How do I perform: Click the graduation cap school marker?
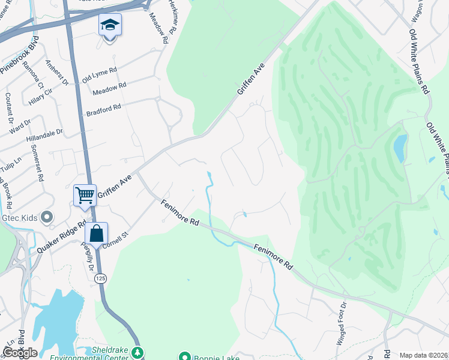110,25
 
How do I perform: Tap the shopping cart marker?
85,194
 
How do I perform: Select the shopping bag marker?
96,233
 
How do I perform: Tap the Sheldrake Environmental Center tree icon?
139,352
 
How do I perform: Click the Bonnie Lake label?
210,357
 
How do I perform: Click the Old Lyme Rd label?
99,75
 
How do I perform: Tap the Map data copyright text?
424,355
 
